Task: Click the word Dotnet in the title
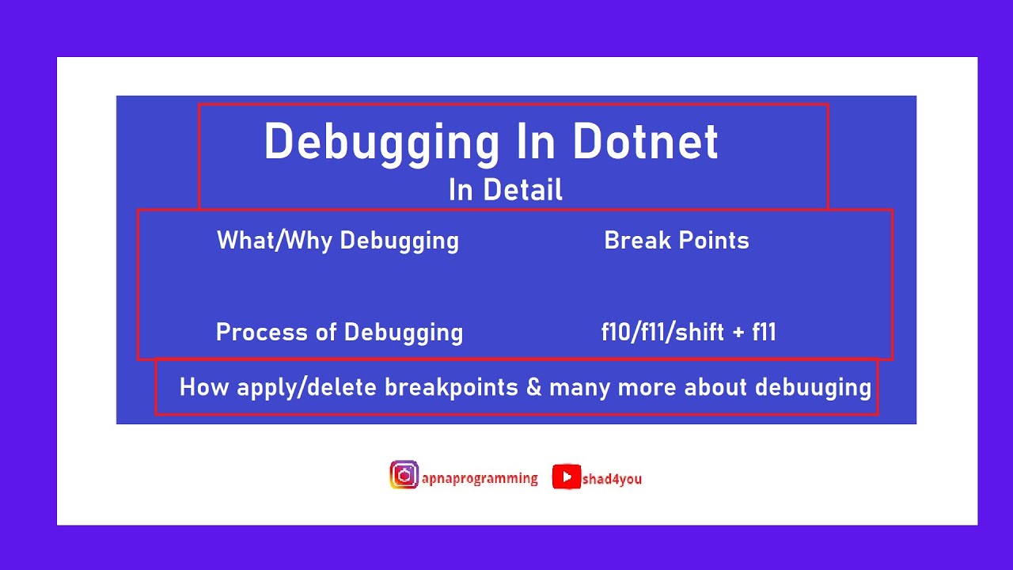tap(645, 142)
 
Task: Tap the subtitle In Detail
tap(506, 190)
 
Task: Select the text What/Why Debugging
tap(338, 241)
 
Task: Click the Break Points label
tap(677, 241)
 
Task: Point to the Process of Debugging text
tap(340, 332)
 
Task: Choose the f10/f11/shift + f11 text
tap(689, 332)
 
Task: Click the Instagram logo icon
tap(404, 475)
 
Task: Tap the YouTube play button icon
tap(566, 477)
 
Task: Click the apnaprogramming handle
tap(480, 478)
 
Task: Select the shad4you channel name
tap(612, 479)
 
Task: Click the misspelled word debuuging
tap(813, 388)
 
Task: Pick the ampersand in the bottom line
tap(533, 388)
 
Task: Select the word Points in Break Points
tap(712, 241)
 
